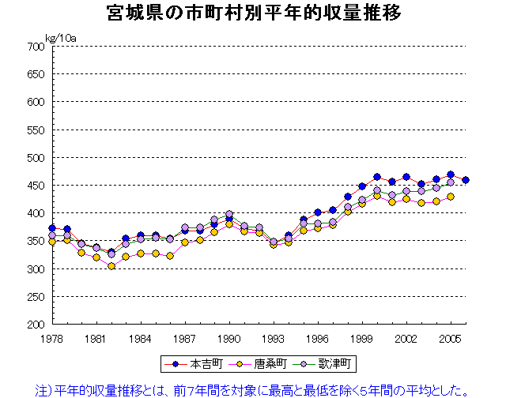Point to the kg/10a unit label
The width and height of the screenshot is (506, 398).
[60, 37]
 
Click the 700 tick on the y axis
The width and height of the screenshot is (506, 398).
[35, 47]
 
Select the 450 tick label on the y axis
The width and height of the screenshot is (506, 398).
[35, 186]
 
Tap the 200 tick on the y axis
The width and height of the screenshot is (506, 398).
[35, 325]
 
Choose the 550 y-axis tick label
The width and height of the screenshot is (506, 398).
[35, 130]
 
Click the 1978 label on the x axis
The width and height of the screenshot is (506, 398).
[52, 337]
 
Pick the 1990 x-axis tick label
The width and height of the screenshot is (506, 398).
[229, 337]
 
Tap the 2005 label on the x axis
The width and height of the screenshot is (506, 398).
[451, 337]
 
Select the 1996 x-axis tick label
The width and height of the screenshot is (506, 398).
[318, 337]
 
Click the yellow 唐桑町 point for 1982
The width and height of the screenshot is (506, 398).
[111, 266]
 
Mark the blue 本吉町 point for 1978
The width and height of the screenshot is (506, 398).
[52, 228]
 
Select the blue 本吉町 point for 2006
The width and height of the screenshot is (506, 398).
[466, 180]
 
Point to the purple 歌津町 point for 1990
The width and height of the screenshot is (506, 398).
[229, 214]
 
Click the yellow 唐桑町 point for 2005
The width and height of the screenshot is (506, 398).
[451, 197]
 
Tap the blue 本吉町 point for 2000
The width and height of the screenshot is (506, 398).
[377, 177]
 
